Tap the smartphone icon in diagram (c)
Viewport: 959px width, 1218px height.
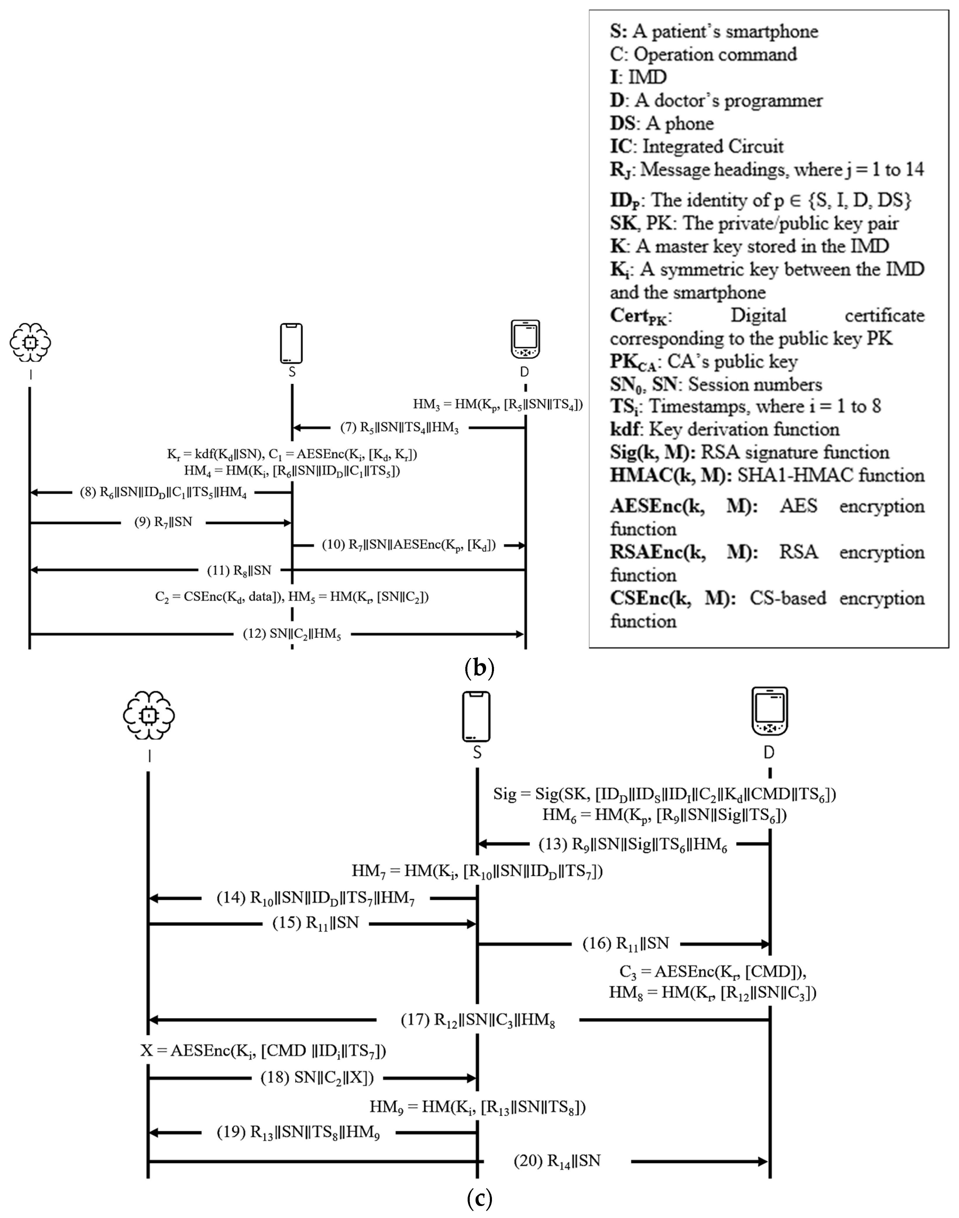click(476, 717)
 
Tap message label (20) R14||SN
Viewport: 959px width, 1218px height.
click(557, 1161)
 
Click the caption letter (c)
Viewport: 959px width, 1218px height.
click(480, 1199)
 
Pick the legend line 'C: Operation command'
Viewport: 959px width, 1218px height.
click(703, 54)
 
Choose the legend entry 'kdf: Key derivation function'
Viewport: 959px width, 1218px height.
click(724, 429)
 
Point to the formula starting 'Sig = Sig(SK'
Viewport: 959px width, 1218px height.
click(664, 794)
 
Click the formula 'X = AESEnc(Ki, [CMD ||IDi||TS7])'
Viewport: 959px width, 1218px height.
click(263, 1050)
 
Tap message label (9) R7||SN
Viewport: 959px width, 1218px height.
click(163, 522)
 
